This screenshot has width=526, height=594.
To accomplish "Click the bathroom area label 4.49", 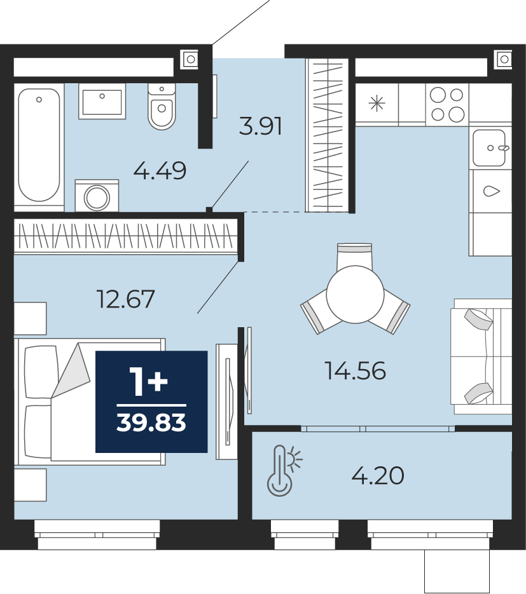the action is (x=160, y=170).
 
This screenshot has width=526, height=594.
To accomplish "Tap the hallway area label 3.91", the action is (x=261, y=126).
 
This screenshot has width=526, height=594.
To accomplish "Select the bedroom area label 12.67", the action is (x=126, y=299).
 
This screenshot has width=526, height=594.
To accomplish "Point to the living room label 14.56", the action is (x=356, y=370).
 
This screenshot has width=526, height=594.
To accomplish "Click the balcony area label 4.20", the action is (x=378, y=476).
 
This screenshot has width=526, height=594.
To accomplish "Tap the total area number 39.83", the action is (x=151, y=422).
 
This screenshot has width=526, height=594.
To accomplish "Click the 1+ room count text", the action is (x=148, y=382).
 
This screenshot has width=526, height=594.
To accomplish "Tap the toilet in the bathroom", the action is (x=162, y=105).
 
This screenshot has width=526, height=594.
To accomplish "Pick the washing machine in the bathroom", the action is (x=97, y=196).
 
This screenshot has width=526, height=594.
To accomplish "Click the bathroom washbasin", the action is (x=102, y=102).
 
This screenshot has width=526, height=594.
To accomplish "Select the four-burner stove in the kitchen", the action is (x=448, y=105).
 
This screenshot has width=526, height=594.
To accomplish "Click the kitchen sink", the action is (x=490, y=148).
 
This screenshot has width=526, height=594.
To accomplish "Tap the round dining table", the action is (x=356, y=294).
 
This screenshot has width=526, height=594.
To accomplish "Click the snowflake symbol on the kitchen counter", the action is (x=377, y=104).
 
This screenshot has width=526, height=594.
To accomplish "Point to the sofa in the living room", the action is (x=481, y=356).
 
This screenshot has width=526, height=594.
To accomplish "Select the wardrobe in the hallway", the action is (x=327, y=135).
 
